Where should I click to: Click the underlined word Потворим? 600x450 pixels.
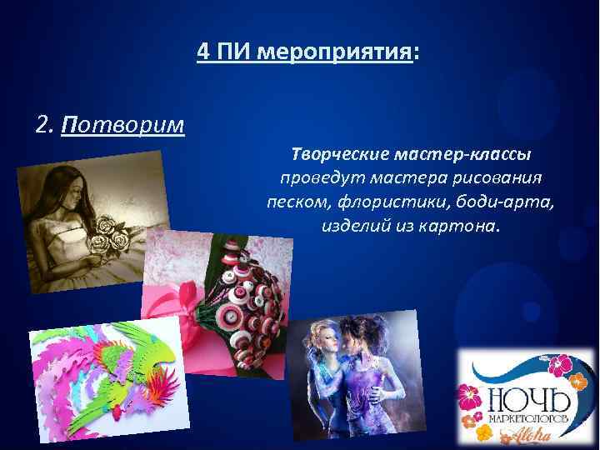[122, 125]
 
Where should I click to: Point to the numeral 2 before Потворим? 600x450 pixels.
[43, 125]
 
